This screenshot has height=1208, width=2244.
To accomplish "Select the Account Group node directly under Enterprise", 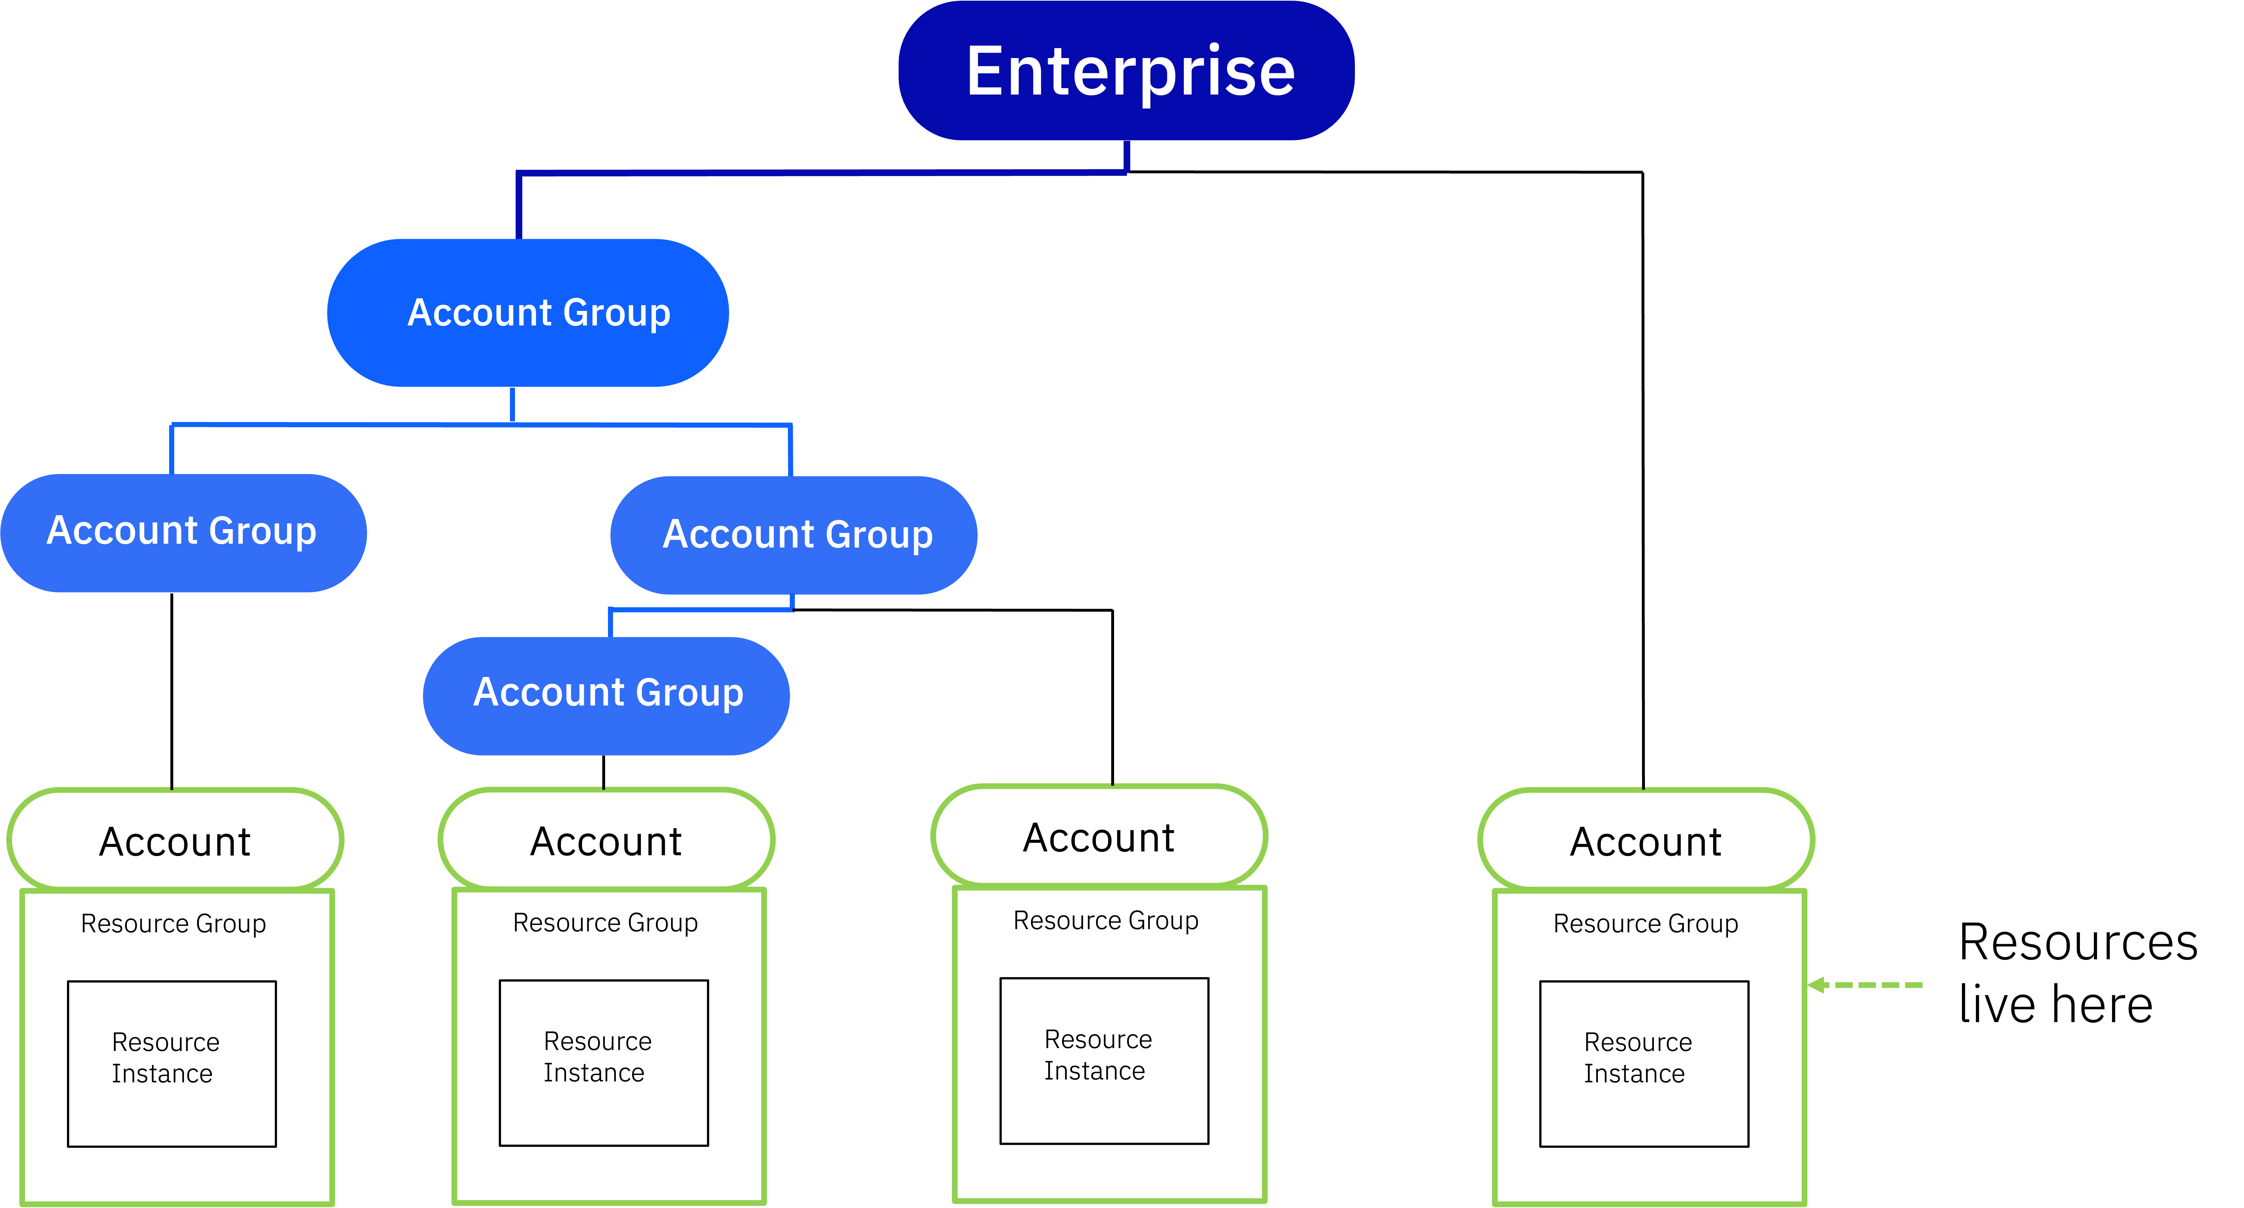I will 528,313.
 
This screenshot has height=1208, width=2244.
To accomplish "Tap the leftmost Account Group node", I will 183,532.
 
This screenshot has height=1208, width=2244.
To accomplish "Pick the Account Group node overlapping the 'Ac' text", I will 795,535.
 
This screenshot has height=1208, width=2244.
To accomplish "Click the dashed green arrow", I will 1873,985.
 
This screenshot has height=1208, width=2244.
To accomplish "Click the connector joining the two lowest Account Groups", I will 701,610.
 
